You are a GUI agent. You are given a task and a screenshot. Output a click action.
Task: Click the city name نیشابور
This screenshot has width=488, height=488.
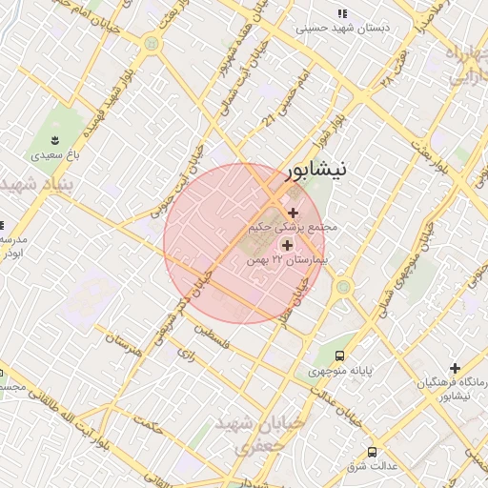click(x=316, y=172)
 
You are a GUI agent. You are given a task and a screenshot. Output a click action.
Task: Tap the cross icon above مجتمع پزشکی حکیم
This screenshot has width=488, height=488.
click(x=293, y=213)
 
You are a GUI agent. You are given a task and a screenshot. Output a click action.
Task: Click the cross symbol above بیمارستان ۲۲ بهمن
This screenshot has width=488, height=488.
click(x=287, y=245)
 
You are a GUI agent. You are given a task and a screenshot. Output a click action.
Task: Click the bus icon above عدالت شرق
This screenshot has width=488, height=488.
click(x=371, y=452)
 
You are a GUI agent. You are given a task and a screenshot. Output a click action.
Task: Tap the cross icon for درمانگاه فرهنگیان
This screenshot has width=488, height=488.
click(x=455, y=368)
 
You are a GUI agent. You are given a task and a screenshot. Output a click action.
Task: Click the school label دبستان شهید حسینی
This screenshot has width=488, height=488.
click(x=342, y=29)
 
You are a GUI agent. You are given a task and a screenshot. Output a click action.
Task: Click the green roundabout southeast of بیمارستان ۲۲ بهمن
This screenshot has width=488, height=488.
click(x=342, y=286)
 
